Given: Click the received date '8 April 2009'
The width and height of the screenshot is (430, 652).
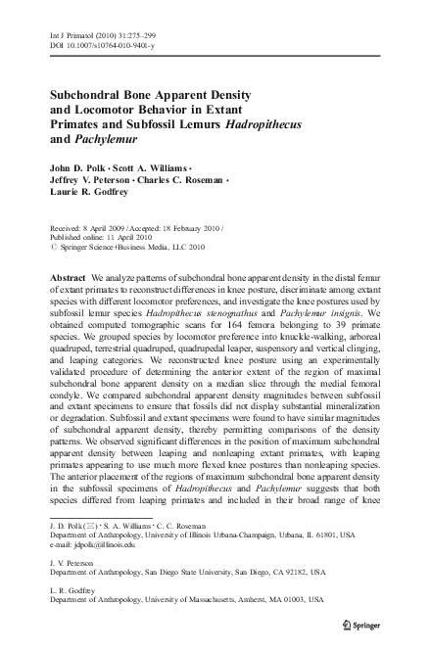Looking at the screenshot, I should (103, 225).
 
